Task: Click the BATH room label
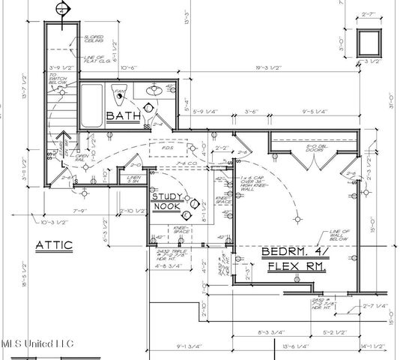(121, 116)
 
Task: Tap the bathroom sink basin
(154, 91)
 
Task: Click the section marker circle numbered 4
(62, 9)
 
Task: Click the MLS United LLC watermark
(37, 343)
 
